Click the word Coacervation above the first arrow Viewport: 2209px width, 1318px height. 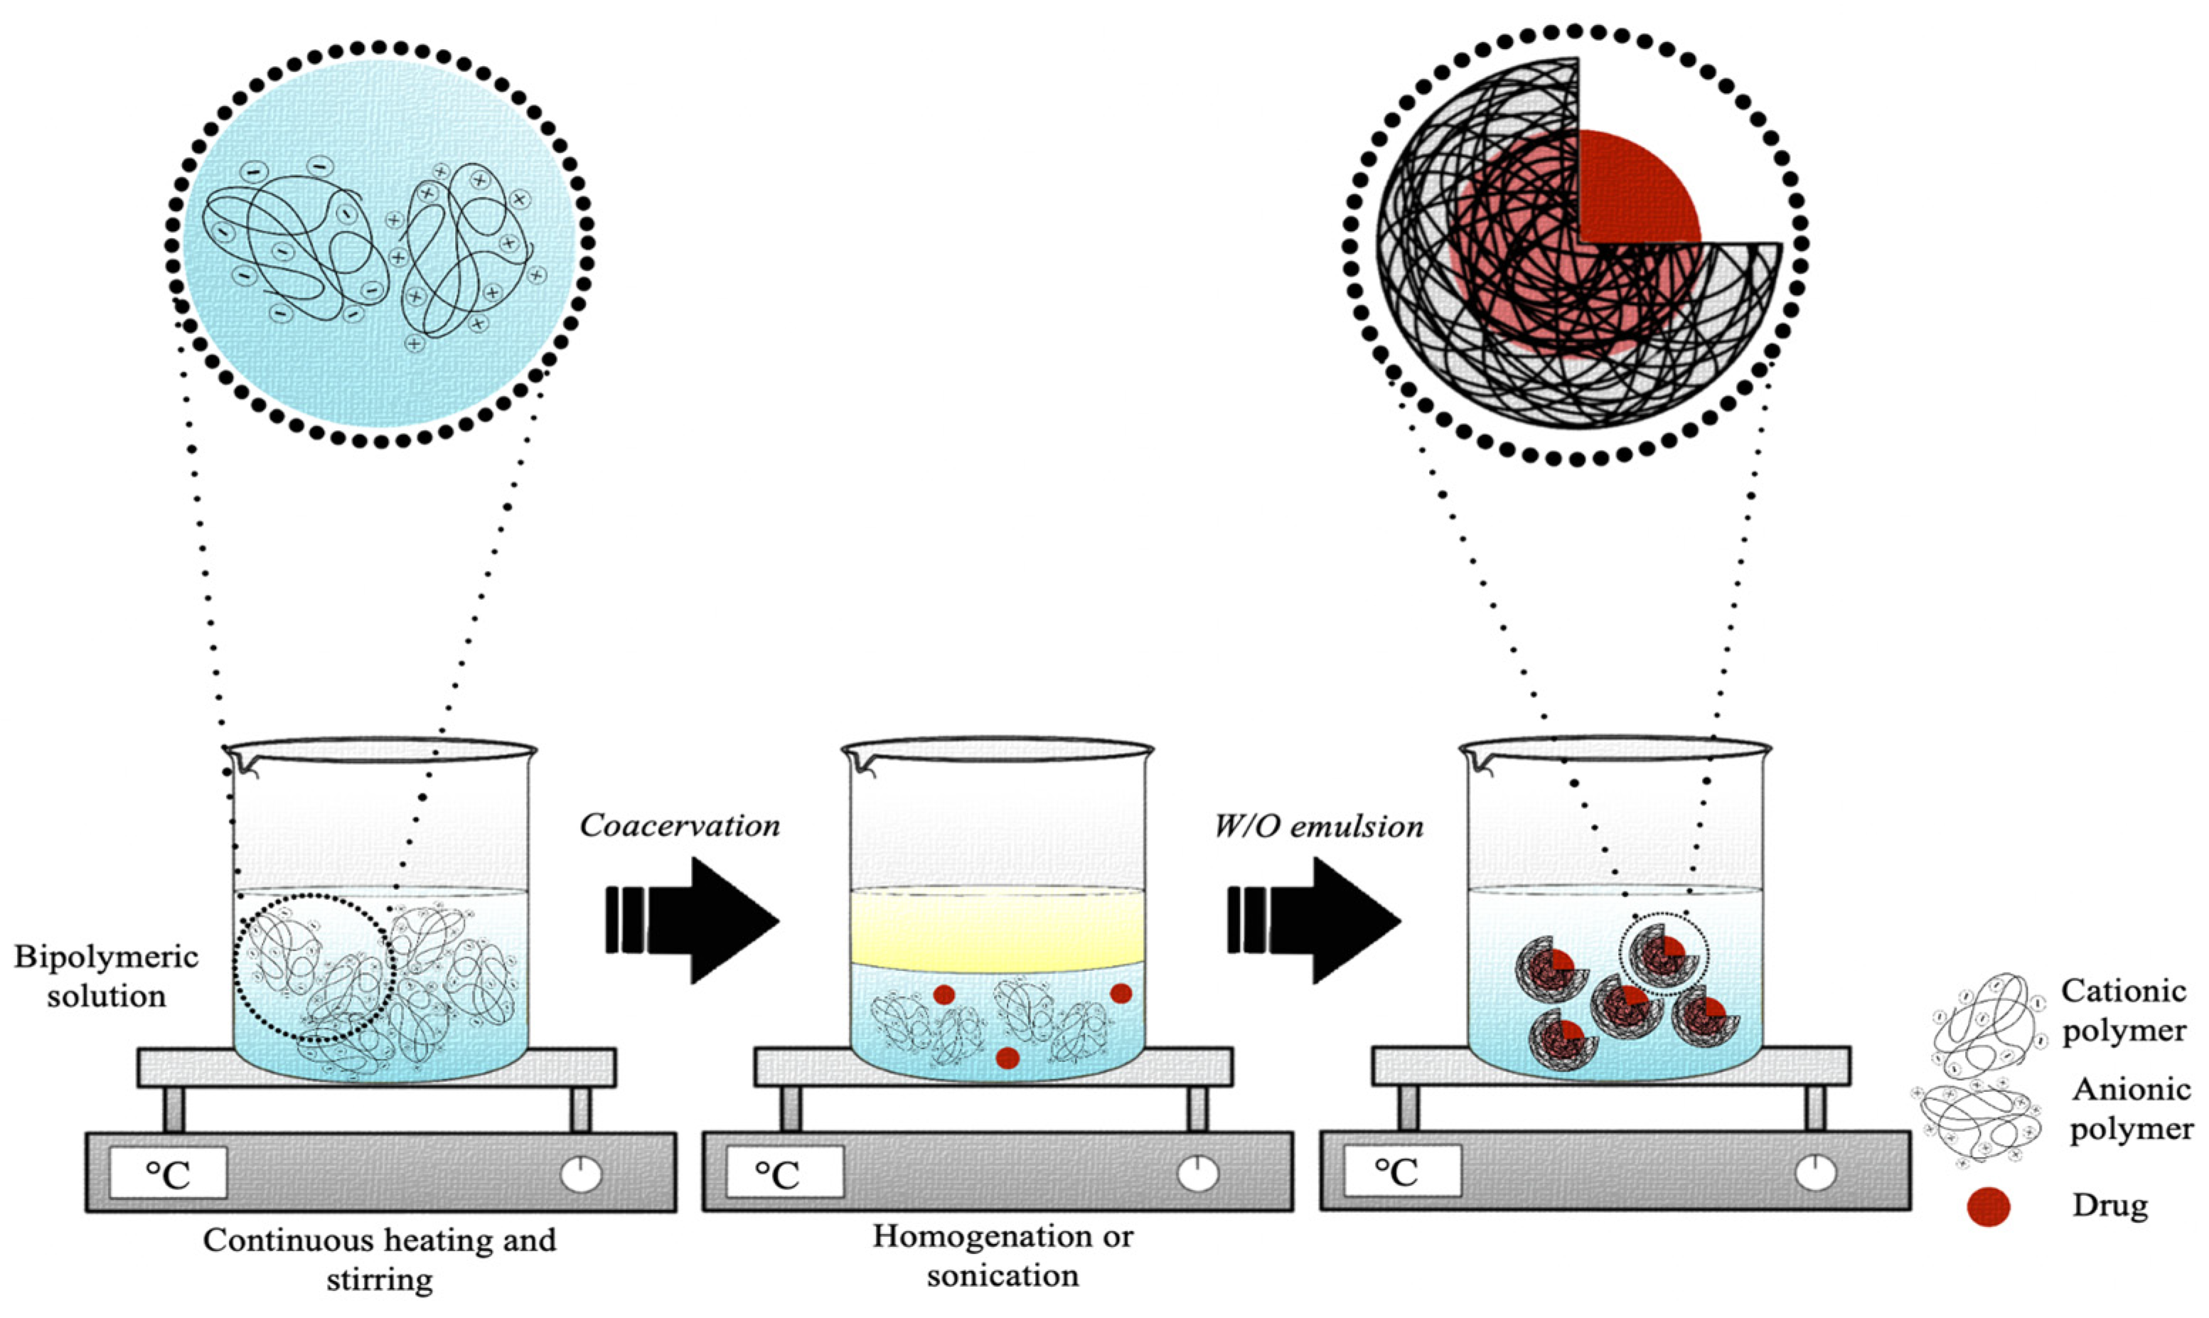[680, 826]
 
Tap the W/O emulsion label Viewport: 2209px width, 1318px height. [1319, 826]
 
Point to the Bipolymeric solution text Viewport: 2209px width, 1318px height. [105, 976]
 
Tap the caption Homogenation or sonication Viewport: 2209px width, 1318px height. [1002, 1255]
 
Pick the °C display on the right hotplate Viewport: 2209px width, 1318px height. [1401, 1172]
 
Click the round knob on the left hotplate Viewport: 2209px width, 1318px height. [582, 1174]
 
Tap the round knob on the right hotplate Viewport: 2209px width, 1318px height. [1814, 1174]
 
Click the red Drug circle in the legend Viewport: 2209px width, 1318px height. [1988, 1207]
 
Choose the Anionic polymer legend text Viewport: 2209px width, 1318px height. [2130, 1109]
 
